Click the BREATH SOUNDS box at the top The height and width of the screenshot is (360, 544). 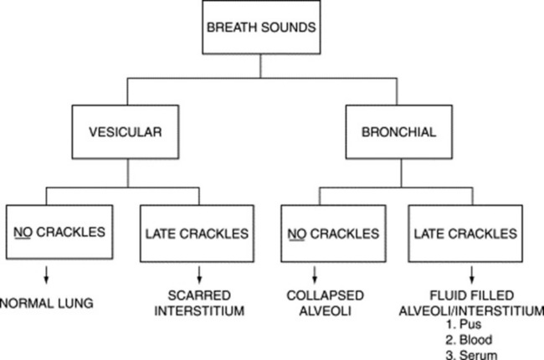pos(261,27)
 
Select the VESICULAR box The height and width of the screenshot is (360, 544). pos(126,132)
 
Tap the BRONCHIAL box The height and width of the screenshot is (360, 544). pos(399,132)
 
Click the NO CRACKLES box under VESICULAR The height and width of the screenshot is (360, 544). pos(59,232)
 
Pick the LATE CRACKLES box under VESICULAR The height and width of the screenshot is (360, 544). pos(197,234)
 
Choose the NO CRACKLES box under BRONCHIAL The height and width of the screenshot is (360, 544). pos(333,234)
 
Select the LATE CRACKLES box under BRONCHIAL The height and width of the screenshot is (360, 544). pos(465,234)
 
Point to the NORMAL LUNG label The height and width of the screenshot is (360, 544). pos(47,303)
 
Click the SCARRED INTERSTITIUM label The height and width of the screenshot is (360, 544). pos(199,303)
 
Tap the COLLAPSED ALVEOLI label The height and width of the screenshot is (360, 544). pos(325,303)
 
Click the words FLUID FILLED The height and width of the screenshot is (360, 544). pos(472,296)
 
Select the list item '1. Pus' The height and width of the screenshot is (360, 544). pos(464,324)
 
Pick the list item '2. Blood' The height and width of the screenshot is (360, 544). pos(469,340)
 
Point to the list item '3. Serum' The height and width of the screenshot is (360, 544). pos(471,355)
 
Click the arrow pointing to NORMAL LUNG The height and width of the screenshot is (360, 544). pos(46,275)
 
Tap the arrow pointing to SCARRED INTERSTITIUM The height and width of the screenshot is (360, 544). pos(199,275)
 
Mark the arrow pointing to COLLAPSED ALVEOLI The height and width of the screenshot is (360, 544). pos(315,275)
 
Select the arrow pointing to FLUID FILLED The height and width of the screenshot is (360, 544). pos(471,275)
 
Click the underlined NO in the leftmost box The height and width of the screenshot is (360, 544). pos(23,232)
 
